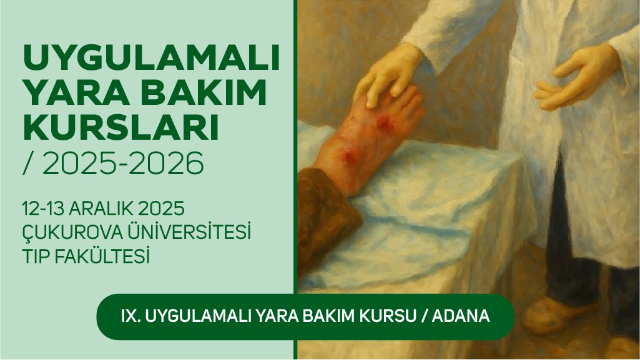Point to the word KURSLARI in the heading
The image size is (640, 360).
tap(119, 129)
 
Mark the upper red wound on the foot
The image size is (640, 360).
tap(385, 123)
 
